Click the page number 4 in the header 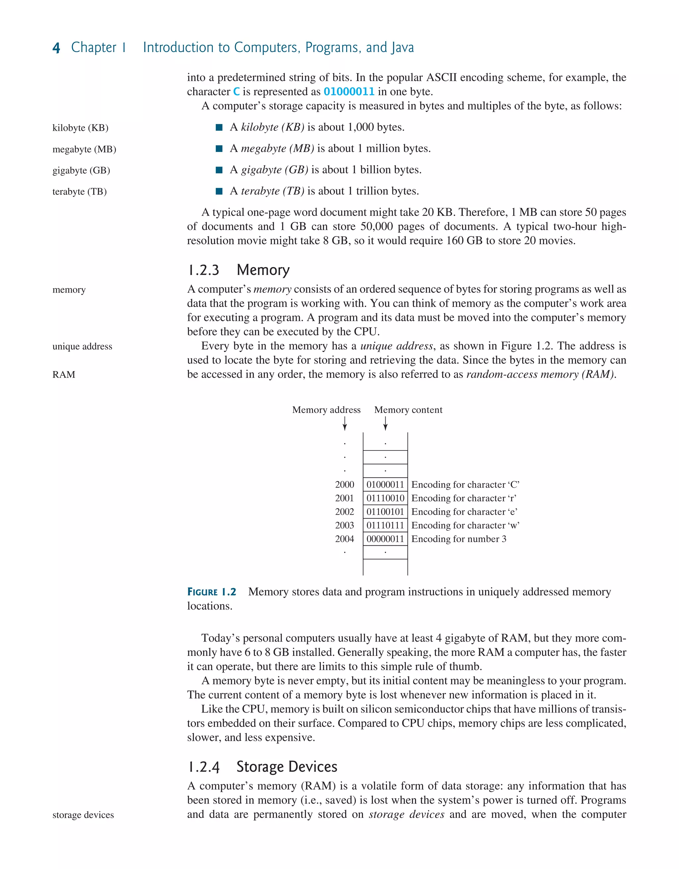click(56, 48)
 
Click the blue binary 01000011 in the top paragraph click(349, 92)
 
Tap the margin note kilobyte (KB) click(80, 128)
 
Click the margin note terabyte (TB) click(80, 192)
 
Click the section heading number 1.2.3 click(203, 270)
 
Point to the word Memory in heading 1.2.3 click(263, 270)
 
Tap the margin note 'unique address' click(82, 346)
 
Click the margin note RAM click(64, 374)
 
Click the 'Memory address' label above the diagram click(326, 410)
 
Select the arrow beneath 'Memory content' click(385, 423)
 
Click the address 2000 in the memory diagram click(344, 485)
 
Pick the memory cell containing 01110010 click(385, 498)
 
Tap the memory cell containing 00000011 click(385, 539)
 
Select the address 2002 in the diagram click(344, 512)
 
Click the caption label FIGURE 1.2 click(212, 592)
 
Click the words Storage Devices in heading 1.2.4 click(287, 767)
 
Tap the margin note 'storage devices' click(83, 815)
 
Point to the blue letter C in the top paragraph click(236, 92)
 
